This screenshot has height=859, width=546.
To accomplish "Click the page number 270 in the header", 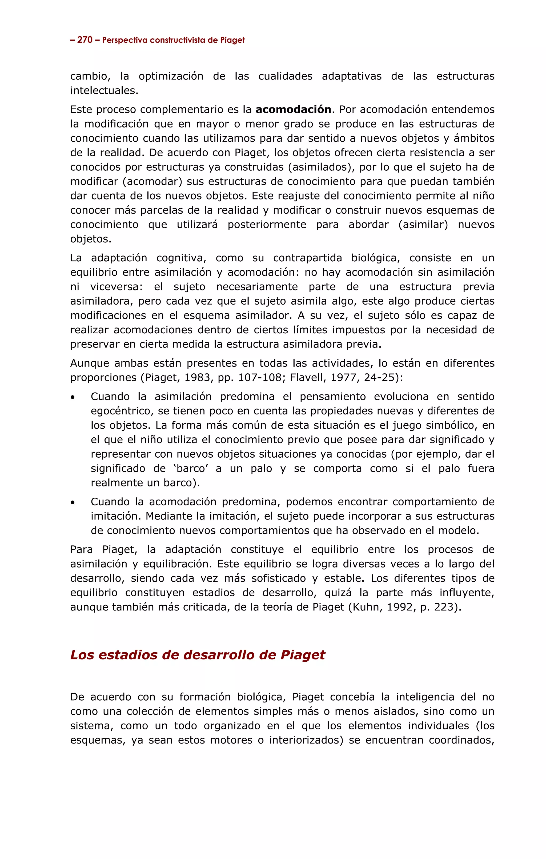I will pos(85,40).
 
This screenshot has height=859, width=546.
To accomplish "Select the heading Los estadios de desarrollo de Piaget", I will pos(198,655).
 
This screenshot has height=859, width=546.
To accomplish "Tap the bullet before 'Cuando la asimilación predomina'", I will pos(73,397).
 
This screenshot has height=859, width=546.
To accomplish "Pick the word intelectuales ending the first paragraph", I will pos(104,91).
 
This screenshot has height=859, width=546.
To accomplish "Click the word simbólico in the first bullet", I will pos(453,426).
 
